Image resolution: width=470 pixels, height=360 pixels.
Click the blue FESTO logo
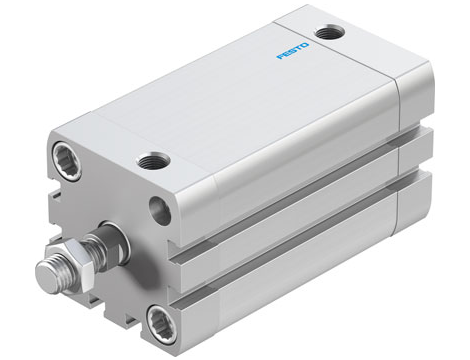coord(293,49)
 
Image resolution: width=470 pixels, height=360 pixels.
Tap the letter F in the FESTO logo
coord(281,56)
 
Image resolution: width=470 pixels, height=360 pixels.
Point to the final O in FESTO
coord(306,42)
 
